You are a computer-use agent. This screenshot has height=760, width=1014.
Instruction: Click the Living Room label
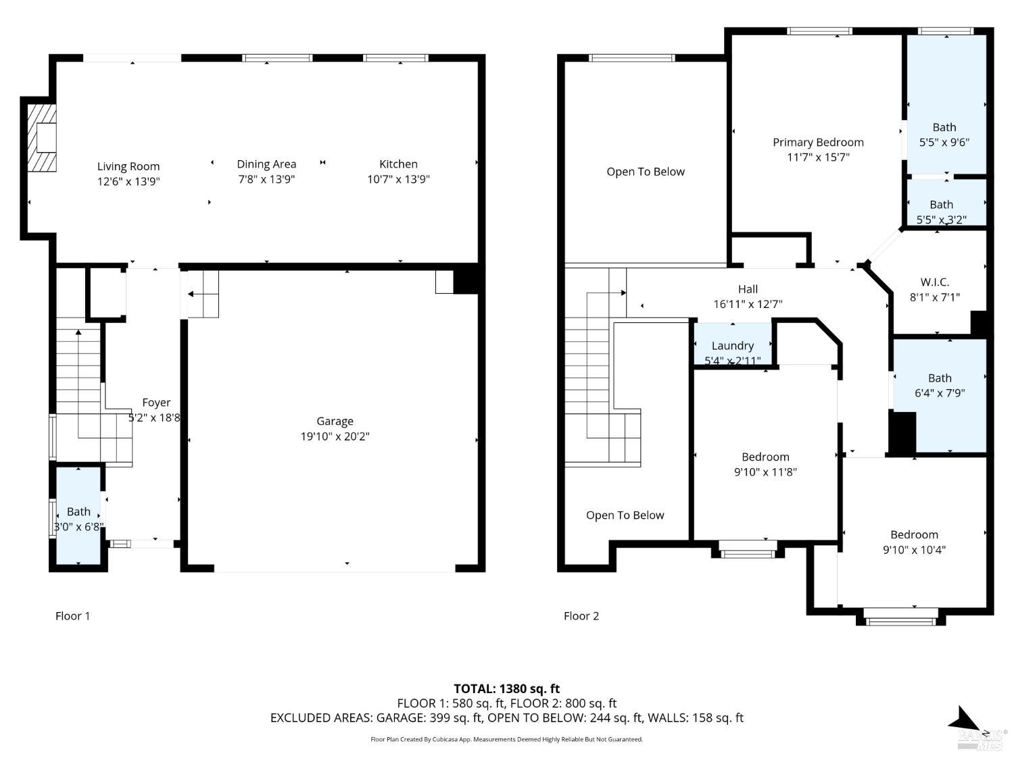point(128,166)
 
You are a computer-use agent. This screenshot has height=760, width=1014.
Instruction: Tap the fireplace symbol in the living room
point(42,137)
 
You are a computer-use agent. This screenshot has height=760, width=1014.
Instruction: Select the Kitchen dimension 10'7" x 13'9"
point(398,179)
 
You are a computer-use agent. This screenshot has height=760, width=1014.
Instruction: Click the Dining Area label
point(266,164)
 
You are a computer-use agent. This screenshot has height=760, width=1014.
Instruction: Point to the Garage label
point(335,421)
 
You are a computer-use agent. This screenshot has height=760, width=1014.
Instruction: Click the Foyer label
point(156,403)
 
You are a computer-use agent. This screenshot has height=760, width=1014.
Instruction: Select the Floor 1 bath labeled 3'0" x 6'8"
point(78,519)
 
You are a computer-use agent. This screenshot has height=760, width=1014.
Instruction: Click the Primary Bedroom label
point(818,143)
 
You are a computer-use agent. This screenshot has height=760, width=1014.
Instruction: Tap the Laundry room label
point(732,346)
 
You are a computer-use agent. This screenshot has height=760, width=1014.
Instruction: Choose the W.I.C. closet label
point(935,282)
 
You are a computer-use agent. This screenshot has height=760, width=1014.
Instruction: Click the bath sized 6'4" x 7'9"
point(940,386)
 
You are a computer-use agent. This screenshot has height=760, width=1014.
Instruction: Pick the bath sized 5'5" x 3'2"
point(941,211)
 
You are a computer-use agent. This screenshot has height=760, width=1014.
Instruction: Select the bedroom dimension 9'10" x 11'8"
point(765,472)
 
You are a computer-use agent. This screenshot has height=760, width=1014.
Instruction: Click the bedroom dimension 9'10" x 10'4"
point(914,550)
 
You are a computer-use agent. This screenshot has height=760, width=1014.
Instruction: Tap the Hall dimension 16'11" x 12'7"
point(748,304)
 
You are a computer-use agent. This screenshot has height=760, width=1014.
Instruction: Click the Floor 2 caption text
point(581,615)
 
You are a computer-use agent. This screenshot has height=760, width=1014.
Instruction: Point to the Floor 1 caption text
point(72,615)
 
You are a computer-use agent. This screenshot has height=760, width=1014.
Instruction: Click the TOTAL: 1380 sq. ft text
point(506,688)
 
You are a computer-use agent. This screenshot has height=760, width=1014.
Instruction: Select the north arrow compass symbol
point(965,720)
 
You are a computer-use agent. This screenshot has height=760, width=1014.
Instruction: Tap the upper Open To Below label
point(645,172)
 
